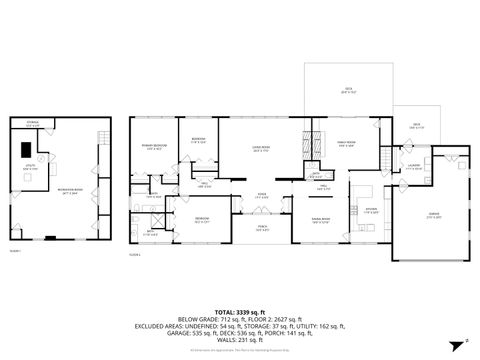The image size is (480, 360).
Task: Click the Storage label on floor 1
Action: click(x=33, y=124)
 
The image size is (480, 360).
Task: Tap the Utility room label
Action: click(x=31, y=169)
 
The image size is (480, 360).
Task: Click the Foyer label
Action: click(x=261, y=196)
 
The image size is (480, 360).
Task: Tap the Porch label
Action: click(x=261, y=229)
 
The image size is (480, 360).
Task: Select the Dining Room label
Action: click(x=320, y=220)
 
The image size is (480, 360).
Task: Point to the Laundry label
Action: click(x=414, y=168)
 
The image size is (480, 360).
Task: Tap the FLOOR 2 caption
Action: click(x=137, y=254)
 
